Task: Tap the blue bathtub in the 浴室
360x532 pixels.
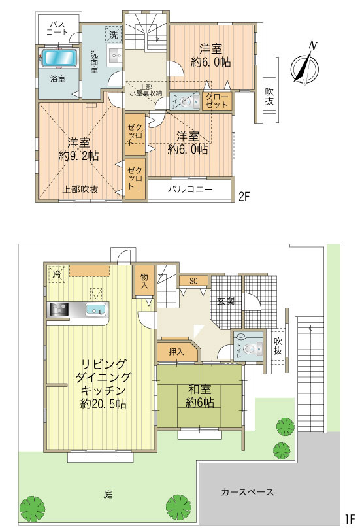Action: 59,58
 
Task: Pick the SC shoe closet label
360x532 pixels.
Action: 194,281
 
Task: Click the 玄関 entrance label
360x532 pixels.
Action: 226,301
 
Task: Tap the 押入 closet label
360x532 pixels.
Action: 175,352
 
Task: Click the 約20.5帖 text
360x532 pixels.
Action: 105,405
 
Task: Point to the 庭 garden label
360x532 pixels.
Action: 107,494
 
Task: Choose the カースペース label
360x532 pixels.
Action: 247,491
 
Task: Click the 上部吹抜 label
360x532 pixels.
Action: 80,190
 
